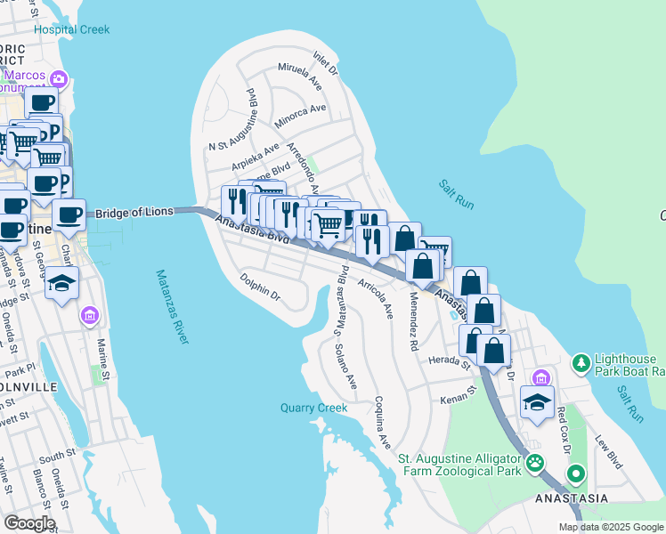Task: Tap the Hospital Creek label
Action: coord(72,29)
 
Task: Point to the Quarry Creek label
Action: coord(313,408)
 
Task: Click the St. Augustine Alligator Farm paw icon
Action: coord(534,462)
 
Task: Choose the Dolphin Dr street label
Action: coord(260,289)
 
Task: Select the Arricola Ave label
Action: coord(375,297)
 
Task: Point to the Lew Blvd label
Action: coord(608,452)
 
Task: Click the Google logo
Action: coord(29,523)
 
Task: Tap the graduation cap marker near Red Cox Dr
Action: coord(537,403)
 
